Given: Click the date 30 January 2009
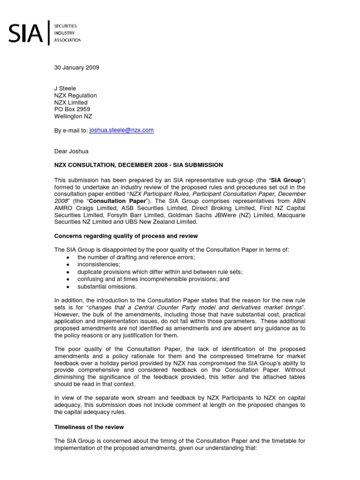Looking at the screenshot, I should click(x=77, y=67).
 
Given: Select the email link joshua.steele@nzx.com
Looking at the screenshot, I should click(x=121, y=130).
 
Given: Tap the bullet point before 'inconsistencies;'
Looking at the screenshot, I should click(x=68, y=265).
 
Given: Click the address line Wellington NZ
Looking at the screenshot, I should click(x=75, y=116).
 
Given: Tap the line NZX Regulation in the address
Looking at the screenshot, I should click(x=76, y=96).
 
